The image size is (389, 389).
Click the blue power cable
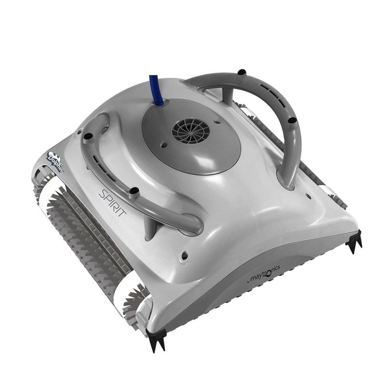[x=156, y=90]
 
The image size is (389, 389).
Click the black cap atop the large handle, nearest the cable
[x=242, y=72]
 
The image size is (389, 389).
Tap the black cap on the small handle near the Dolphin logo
[x=88, y=136]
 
